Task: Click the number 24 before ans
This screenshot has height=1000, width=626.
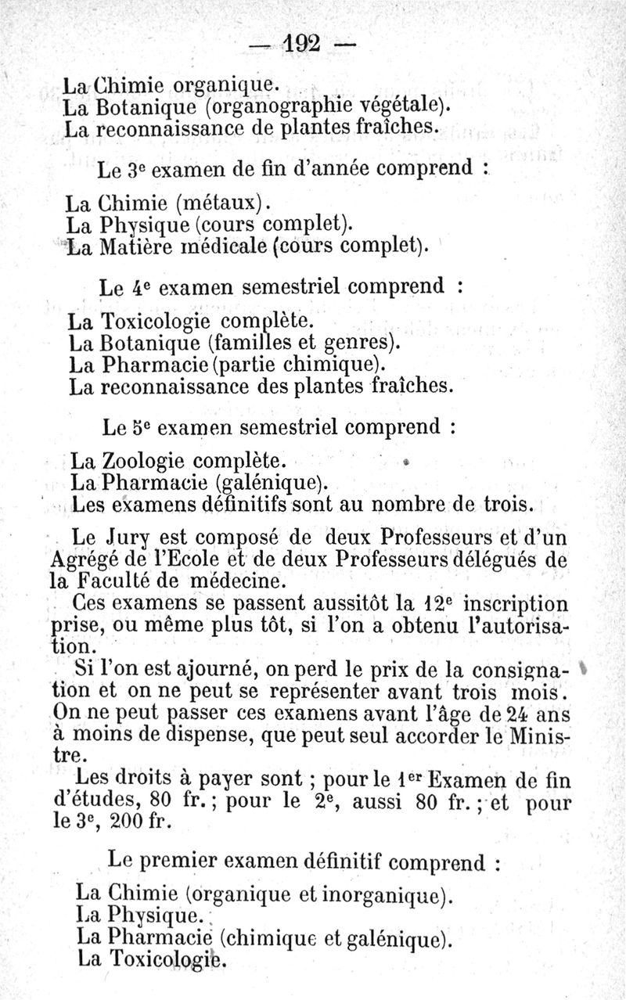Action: pos(517,714)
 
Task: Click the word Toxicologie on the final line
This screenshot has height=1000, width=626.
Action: pos(164,959)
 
